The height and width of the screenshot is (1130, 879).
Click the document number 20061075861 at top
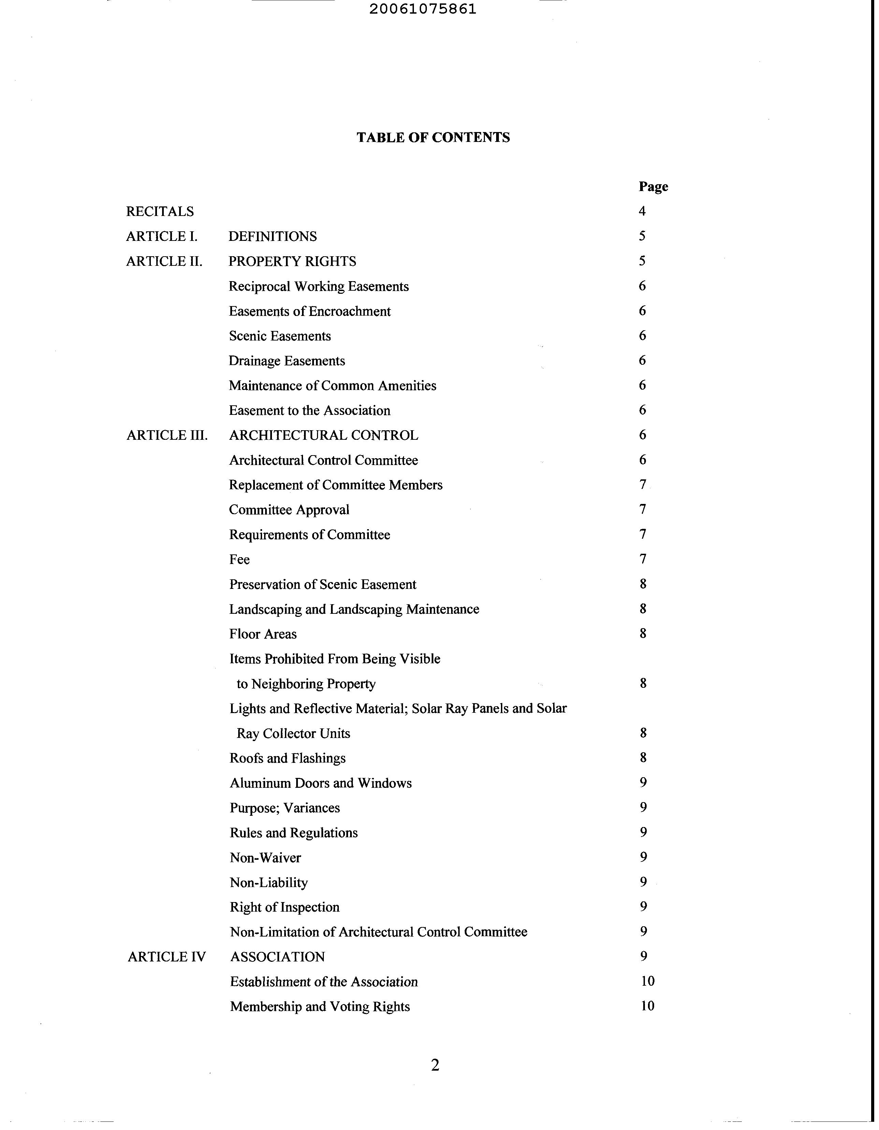click(x=423, y=9)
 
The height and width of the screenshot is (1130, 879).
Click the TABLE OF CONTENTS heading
click(x=433, y=137)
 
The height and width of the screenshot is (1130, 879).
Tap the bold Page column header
click(x=653, y=186)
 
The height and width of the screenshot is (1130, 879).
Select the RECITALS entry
click(x=160, y=211)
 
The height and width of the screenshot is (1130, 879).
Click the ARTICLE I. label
click(x=161, y=236)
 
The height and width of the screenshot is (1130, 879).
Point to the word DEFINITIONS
click(x=272, y=236)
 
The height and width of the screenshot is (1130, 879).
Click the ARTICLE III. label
click(x=167, y=435)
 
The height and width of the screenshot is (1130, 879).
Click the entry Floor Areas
click(x=263, y=634)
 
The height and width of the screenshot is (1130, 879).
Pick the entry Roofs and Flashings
click(x=287, y=758)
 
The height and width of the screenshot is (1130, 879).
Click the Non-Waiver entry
click(x=265, y=857)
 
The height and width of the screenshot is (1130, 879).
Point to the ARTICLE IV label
click(x=167, y=957)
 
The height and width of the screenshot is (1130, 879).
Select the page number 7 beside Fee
click(x=643, y=559)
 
